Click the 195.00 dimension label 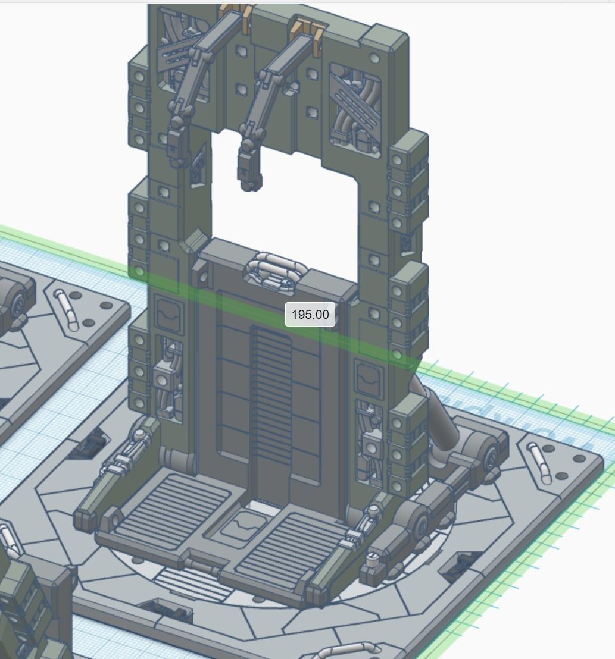tap(310, 314)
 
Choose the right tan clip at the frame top tap(308, 26)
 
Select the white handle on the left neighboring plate tap(67, 309)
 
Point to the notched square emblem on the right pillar tap(367, 378)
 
